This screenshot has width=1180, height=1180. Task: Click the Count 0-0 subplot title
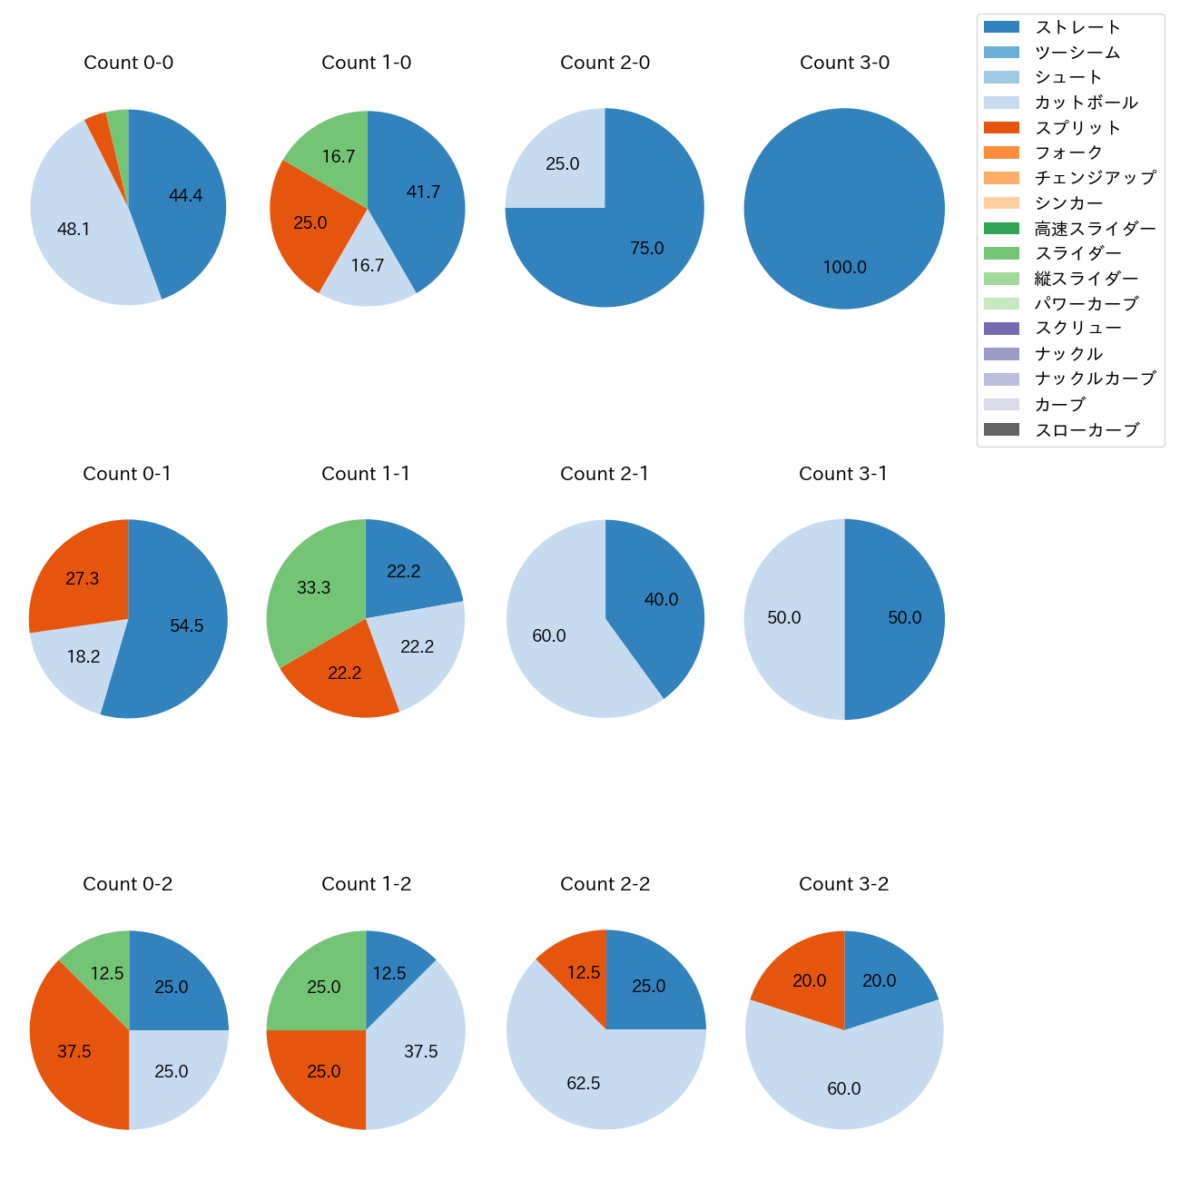(128, 63)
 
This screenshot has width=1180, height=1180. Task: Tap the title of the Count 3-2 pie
(843, 884)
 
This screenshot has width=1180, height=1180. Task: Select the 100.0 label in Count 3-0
(844, 267)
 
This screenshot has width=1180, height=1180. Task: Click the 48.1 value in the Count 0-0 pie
(74, 229)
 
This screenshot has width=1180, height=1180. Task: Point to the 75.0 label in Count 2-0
(647, 248)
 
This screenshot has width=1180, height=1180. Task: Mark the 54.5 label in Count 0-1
(187, 625)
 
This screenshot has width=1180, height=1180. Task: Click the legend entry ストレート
(1077, 27)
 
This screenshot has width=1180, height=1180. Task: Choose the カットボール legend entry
(1086, 103)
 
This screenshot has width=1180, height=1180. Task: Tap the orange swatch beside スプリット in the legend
(1001, 128)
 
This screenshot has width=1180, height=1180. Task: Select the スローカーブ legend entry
(1087, 430)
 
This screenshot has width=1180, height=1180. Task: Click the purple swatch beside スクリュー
(1001, 329)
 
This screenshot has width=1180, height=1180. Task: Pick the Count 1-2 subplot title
(366, 884)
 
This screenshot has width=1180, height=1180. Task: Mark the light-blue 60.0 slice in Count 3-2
(844, 1080)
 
